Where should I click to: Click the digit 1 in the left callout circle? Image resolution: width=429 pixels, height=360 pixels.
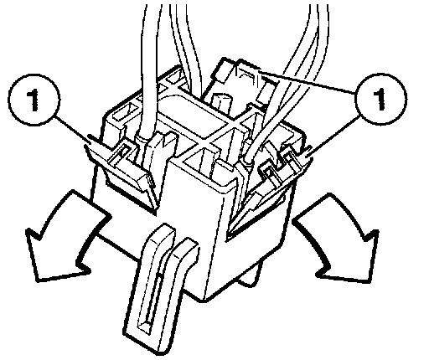pos(34,100)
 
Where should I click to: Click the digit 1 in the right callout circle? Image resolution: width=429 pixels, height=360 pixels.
pos(380,99)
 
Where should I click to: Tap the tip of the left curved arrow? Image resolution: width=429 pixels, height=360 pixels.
pos(37,280)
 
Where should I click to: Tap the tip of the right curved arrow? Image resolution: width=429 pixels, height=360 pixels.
pos(372,282)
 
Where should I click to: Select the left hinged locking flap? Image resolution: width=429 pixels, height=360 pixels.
pos(120,173)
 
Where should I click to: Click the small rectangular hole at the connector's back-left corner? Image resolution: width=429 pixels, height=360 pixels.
pos(124,113)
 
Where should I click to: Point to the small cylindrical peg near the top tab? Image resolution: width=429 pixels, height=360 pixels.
pos(222,103)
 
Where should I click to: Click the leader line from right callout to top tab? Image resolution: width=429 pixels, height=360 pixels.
pos(306,81)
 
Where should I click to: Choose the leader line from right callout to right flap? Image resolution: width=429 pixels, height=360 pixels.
pos(333,135)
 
